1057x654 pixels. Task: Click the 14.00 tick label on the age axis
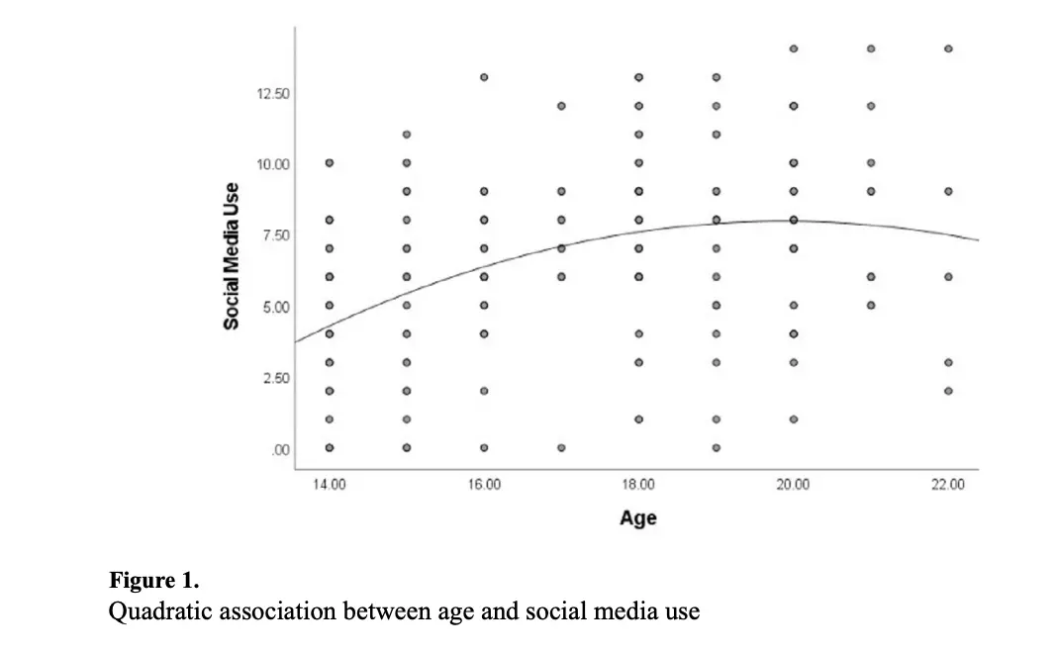click(x=329, y=485)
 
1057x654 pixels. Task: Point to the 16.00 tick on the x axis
click(x=483, y=485)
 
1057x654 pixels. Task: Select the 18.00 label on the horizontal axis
click(x=638, y=485)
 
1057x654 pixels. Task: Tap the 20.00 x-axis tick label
click(x=793, y=485)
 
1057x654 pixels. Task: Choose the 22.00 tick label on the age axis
click(x=947, y=485)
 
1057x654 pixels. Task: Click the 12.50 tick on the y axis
click(x=273, y=94)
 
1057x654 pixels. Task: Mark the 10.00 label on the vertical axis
click(x=273, y=164)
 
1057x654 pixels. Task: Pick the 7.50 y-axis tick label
click(x=275, y=235)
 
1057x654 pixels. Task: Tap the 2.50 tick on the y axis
click(x=275, y=378)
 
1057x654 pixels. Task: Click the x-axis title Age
click(x=638, y=517)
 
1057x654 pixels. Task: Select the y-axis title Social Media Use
click(x=231, y=255)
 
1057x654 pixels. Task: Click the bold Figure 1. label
click(x=153, y=580)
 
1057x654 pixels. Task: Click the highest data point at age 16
click(x=484, y=77)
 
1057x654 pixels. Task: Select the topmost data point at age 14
click(x=330, y=162)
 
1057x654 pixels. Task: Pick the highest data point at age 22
click(x=948, y=48)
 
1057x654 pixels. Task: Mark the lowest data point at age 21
click(x=871, y=305)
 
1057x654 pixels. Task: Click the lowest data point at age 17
click(x=561, y=447)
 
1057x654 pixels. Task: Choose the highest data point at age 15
click(x=407, y=134)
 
